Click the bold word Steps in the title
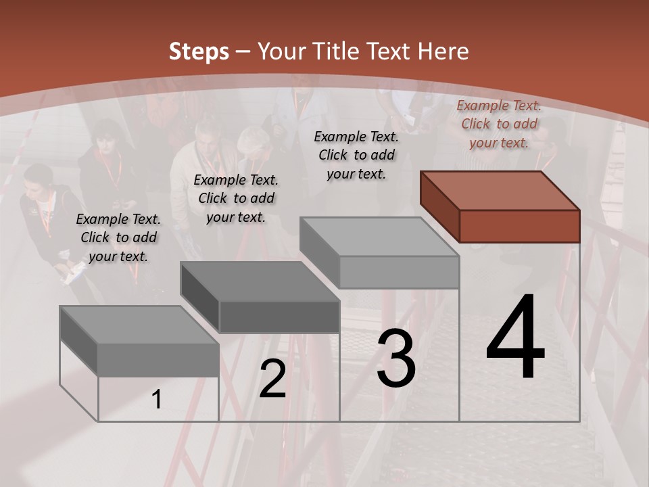click(x=199, y=51)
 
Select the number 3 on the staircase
click(x=395, y=358)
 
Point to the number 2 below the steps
click(x=272, y=379)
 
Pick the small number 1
click(x=157, y=400)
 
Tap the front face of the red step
click(x=519, y=226)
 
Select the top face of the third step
click(x=379, y=237)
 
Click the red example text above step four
click(x=499, y=124)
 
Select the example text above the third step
click(x=356, y=155)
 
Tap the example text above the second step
click(x=236, y=198)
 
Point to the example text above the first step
click(x=118, y=237)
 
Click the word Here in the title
click(x=443, y=51)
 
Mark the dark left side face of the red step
click(x=439, y=206)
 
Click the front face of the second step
click(x=279, y=317)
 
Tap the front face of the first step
click(x=158, y=360)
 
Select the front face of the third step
click(x=399, y=273)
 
